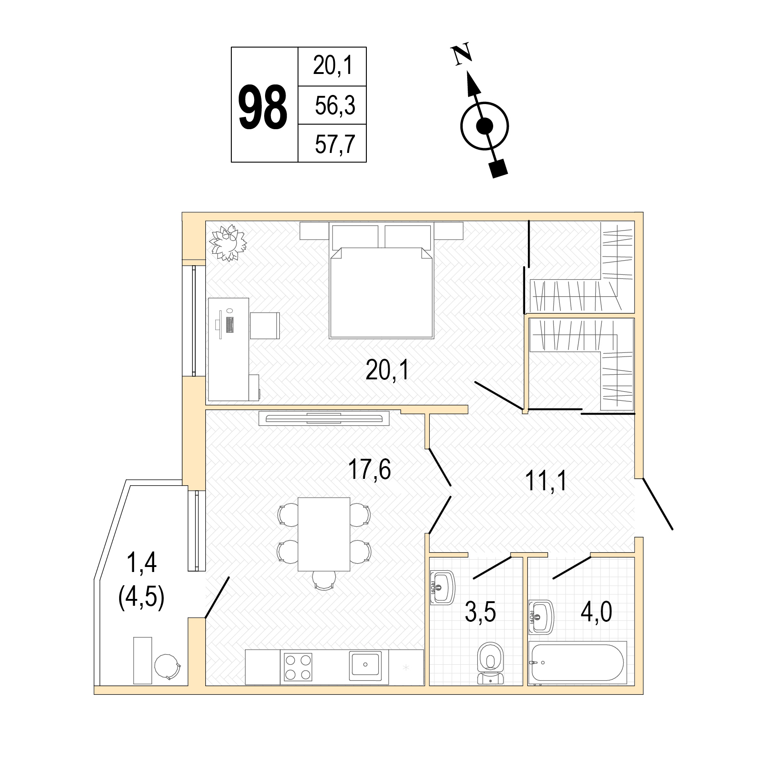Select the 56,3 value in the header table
click(x=335, y=106)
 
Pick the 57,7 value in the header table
click(x=335, y=144)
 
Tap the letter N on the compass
click(x=462, y=54)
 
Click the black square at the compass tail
click(x=498, y=168)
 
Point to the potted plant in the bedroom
click(x=228, y=242)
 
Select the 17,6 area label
click(x=369, y=470)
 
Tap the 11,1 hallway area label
click(x=546, y=481)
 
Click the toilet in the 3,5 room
click(x=490, y=663)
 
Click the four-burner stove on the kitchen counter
click(x=298, y=667)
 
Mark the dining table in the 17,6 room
click(x=324, y=534)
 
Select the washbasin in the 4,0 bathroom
click(x=541, y=617)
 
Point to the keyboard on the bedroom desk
click(x=229, y=324)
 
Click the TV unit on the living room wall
click(x=324, y=418)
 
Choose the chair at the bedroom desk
click(x=265, y=325)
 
